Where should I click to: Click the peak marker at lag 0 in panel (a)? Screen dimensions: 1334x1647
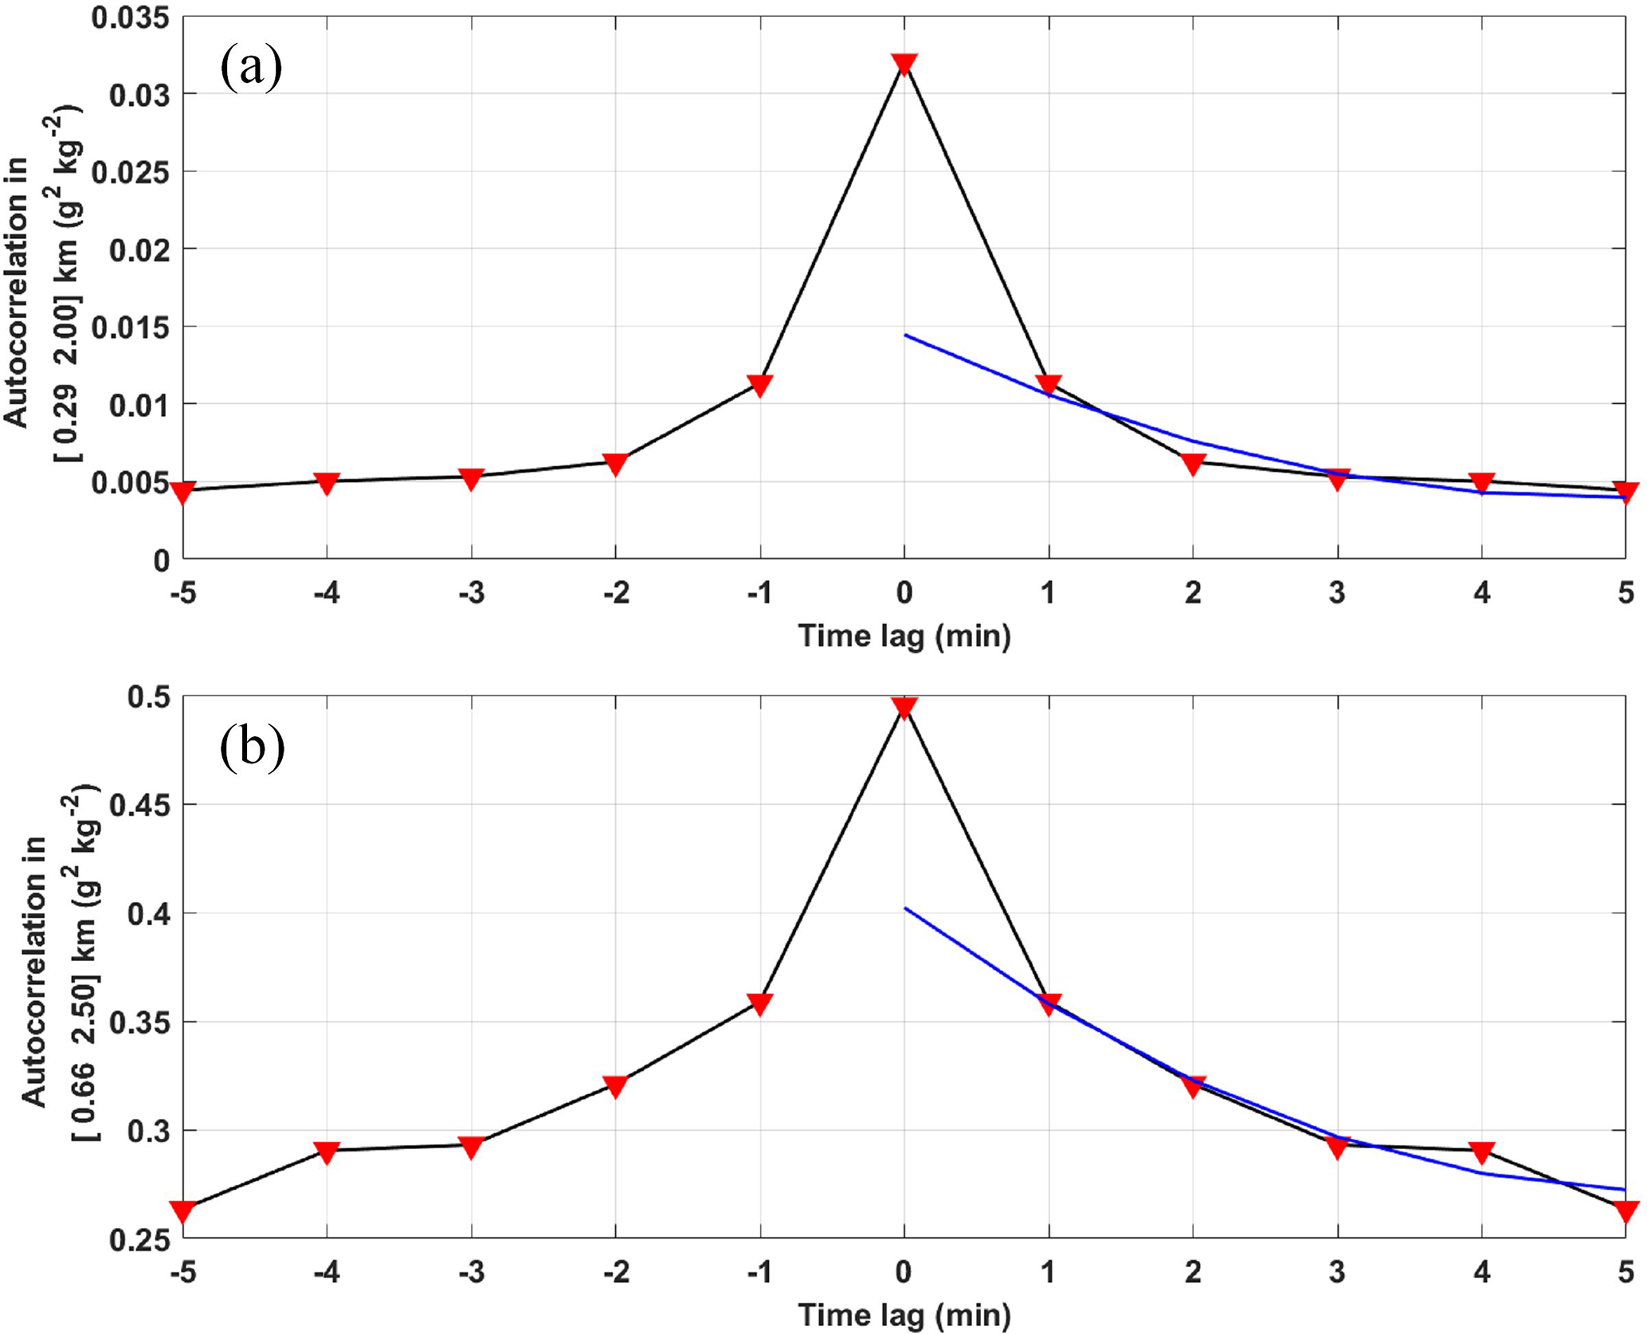tap(904, 65)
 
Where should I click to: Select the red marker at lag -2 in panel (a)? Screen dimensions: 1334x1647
tap(615, 464)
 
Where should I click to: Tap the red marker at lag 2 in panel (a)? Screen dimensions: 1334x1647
tap(1193, 464)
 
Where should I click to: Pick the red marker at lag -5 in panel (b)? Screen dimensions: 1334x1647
tap(182, 1211)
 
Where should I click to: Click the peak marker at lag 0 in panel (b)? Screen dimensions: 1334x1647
tap(904, 707)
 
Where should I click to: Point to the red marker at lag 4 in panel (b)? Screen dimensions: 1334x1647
tap(1481, 1152)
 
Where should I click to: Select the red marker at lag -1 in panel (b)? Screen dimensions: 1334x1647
tap(759, 1003)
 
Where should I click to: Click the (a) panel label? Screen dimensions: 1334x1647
tap(251, 68)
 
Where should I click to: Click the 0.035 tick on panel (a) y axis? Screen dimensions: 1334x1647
tap(131, 18)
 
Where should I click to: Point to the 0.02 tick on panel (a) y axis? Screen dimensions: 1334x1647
tap(139, 250)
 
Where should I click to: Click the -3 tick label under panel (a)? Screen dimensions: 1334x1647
tap(471, 593)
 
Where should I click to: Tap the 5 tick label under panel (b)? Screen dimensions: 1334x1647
tap(1625, 1273)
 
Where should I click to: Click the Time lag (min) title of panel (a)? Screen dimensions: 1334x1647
tap(904, 636)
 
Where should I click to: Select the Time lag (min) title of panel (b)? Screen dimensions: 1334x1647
tap(904, 1315)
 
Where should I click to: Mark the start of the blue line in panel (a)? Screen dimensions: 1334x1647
tap(905, 335)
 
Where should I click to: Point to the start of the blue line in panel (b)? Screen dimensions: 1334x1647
tap(905, 908)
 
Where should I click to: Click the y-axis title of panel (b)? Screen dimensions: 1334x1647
tap(60, 968)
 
